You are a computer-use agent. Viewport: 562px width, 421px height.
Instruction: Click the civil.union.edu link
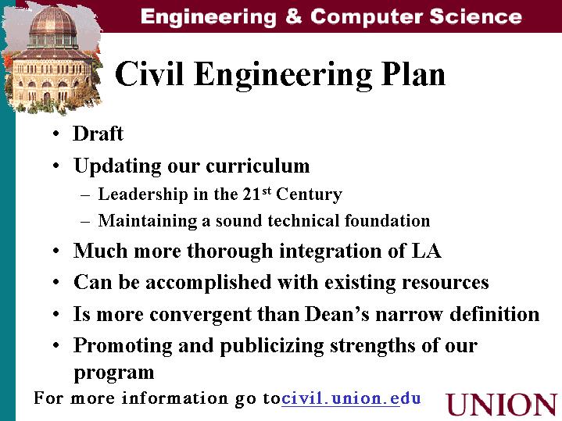(351, 398)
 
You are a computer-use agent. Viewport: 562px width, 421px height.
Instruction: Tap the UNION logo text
(502, 405)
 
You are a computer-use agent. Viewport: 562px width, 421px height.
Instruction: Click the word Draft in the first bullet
(98, 134)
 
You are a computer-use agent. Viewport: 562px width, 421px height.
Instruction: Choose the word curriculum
(258, 166)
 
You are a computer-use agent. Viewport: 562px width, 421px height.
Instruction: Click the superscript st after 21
(267, 191)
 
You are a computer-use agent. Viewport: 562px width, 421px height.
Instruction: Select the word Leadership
(143, 194)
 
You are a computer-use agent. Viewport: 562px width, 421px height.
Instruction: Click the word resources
(446, 282)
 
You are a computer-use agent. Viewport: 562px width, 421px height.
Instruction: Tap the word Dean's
(337, 314)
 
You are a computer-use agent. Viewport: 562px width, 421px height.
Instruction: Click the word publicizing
(272, 347)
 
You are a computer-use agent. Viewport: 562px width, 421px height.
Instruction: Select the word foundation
(388, 220)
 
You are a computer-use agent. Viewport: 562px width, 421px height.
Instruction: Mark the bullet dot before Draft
(56, 134)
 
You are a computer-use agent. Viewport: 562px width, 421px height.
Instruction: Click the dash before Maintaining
(85, 222)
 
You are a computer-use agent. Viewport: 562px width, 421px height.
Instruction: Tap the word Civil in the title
(149, 73)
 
